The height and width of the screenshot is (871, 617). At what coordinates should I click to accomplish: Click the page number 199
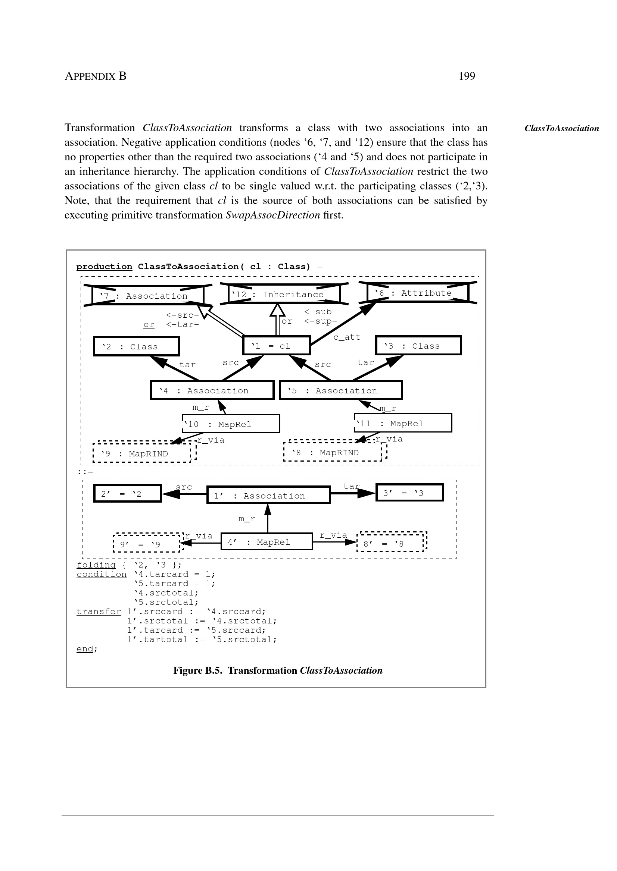click(x=467, y=76)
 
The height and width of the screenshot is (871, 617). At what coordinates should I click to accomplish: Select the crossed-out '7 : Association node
click(x=148, y=296)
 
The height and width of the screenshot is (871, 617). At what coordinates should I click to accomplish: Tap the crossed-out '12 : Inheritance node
click(x=284, y=294)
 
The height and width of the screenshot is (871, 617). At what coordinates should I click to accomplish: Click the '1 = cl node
click(x=276, y=346)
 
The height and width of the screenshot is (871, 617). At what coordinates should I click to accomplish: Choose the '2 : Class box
click(x=136, y=346)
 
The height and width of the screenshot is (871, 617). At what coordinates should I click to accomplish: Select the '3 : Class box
click(x=418, y=346)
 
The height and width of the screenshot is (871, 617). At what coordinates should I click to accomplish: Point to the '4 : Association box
click(x=212, y=390)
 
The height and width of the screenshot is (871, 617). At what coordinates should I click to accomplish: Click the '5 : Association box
click(x=340, y=390)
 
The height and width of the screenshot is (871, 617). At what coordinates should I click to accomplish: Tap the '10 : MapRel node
click(x=231, y=424)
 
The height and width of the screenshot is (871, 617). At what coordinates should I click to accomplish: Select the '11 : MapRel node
click(x=403, y=423)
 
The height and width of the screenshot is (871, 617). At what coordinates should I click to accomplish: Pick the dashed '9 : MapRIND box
click(x=142, y=453)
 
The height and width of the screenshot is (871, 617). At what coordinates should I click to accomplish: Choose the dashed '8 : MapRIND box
click(x=333, y=452)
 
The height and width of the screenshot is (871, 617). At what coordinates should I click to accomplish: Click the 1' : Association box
click(x=268, y=495)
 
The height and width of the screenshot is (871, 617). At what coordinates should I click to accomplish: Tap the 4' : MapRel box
click(x=267, y=541)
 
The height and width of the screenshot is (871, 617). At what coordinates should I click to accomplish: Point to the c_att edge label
click(x=346, y=337)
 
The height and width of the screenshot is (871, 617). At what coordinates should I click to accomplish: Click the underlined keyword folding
click(x=96, y=565)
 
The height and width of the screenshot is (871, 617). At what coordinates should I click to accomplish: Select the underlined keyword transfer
click(x=99, y=611)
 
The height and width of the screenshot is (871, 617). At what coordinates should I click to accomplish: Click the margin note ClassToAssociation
click(x=561, y=128)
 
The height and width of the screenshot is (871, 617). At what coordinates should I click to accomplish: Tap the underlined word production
click(x=104, y=267)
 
